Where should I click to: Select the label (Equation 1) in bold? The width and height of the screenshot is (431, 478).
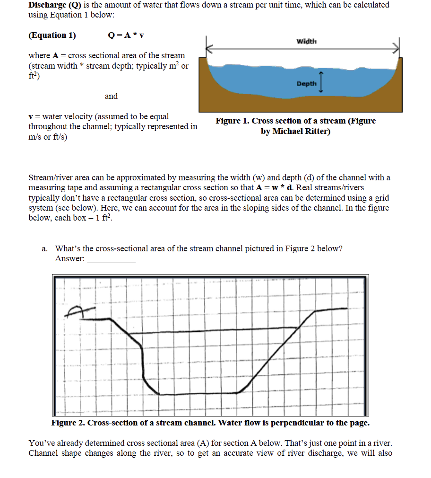point(52,35)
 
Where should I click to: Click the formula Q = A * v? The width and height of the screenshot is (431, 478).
point(126,35)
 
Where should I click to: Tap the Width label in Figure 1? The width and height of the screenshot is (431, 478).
point(306,42)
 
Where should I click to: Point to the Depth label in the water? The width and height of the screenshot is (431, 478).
point(306,84)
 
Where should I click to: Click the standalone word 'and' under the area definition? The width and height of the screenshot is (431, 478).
point(111,96)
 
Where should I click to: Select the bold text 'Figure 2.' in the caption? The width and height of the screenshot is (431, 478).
point(68,423)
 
